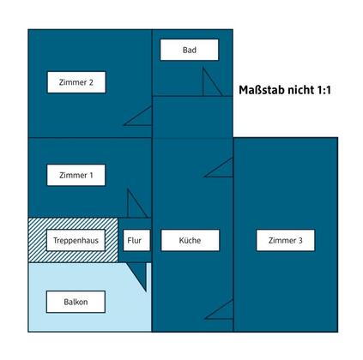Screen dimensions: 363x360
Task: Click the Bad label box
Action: tap(190, 50)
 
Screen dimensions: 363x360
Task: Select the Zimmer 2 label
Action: tap(76, 82)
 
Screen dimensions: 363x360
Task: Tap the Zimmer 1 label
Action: tap(76, 175)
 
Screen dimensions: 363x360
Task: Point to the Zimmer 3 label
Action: tap(286, 240)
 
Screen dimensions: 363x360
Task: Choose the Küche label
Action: tap(191, 240)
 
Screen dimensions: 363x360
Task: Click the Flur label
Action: tap(136, 240)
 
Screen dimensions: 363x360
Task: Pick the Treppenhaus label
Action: tap(76, 240)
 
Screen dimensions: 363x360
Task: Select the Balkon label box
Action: tap(76, 302)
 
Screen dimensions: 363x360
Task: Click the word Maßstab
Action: tap(261, 90)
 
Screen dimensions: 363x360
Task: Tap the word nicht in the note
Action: tap(300, 90)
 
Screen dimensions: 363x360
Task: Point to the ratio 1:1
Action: tap(324, 90)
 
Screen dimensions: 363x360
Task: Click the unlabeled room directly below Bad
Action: tap(192, 117)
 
